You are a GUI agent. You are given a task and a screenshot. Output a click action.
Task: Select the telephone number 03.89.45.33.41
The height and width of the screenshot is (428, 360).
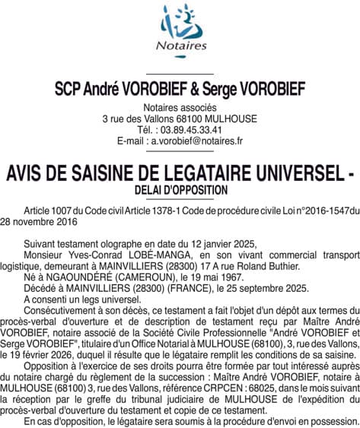coord(190,130)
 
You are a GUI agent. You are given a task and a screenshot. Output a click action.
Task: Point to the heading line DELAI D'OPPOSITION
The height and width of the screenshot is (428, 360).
coord(180,188)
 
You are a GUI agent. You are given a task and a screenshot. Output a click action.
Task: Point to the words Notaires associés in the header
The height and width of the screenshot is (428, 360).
coord(180,109)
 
